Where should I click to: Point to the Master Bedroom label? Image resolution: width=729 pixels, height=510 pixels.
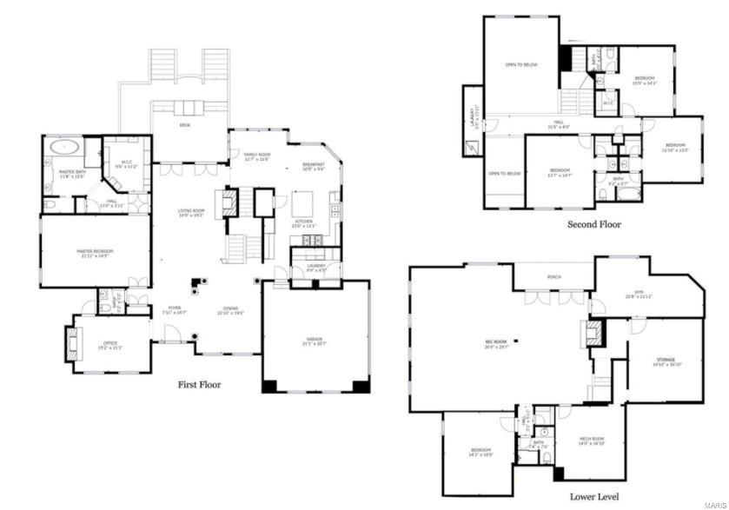(96, 253)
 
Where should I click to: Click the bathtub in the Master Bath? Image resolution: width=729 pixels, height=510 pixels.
(63, 147)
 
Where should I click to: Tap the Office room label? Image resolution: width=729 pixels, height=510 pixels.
(110, 345)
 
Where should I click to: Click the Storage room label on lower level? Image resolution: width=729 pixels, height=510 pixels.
(665, 361)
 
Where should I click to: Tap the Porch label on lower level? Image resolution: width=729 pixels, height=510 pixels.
(554, 277)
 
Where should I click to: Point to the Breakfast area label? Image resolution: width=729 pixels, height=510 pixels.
(314, 166)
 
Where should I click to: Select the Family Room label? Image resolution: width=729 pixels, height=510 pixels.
(257, 157)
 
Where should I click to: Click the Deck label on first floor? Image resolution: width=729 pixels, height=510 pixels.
(184, 125)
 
